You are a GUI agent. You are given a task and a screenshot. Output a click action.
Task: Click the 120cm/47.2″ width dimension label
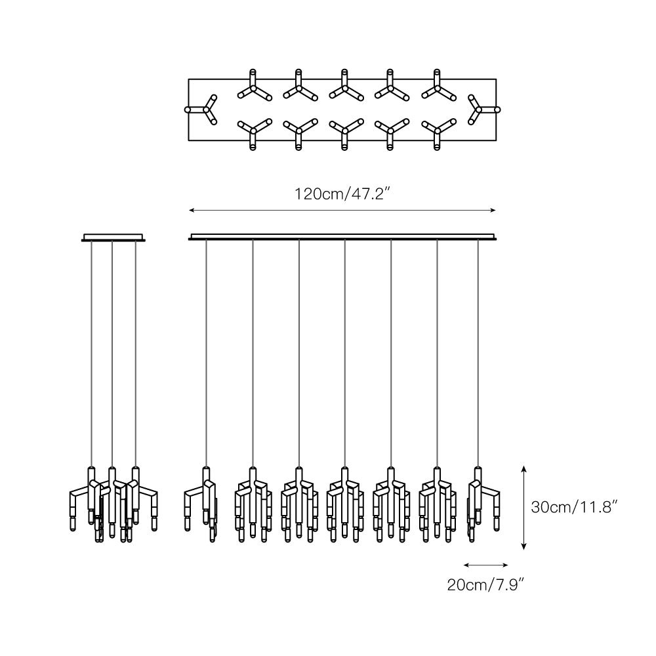[x=343, y=194]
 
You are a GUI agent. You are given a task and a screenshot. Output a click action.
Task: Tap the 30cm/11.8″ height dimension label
[x=575, y=507]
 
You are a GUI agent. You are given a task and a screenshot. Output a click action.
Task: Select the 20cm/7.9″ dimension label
[x=485, y=584]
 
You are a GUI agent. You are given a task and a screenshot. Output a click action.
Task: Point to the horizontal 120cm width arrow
[x=342, y=210]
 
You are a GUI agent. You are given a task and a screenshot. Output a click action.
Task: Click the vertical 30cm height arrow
[x=523, y=507]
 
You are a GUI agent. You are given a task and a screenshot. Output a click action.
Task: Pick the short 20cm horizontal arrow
[x=485, y=564]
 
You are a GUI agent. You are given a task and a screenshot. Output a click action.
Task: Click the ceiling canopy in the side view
[x=113, y=237]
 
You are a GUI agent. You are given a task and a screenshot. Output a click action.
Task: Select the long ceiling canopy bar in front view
[x=342, y=236]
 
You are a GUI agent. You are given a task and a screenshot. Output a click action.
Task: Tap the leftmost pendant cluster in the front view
[x=203, y=502]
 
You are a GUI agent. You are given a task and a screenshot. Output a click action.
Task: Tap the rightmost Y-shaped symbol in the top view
[x=481, y=109]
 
